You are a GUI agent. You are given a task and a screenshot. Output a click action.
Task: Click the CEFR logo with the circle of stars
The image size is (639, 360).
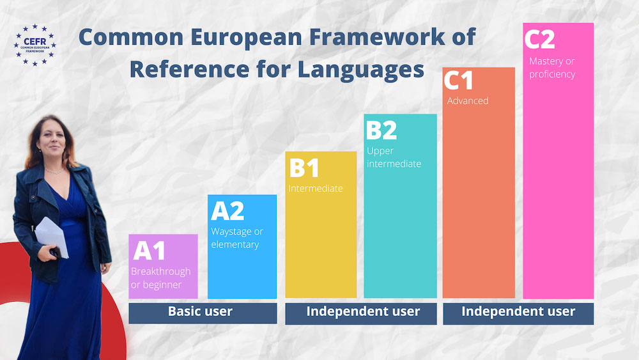[35, 45]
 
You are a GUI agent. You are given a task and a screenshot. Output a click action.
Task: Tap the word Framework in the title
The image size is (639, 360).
[377, 36]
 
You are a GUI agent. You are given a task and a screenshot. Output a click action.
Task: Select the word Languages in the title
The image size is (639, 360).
[360, 69]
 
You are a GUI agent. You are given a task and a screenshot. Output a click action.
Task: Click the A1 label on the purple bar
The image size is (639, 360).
[149, 250]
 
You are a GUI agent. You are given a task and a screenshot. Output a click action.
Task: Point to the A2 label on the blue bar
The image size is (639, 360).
[227, 211]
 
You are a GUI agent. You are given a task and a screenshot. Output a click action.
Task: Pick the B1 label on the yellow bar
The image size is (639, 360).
[304, 168]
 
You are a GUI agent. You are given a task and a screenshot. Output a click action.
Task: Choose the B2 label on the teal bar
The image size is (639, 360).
[381, 130]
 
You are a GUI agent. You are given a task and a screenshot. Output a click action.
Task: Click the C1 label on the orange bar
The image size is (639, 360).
[458, 80]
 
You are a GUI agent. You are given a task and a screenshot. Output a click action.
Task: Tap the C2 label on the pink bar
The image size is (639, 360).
[539, 39]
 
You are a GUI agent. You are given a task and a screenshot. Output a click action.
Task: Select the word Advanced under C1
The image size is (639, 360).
[468, 100]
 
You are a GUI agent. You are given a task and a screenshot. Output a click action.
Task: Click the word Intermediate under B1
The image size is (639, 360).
[316, 189]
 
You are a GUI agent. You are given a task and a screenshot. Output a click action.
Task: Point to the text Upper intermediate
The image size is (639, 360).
[394, 157]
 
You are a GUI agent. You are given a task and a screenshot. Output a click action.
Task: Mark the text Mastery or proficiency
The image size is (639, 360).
[552, 68]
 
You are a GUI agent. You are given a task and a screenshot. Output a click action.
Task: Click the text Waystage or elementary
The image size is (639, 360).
[237, 238]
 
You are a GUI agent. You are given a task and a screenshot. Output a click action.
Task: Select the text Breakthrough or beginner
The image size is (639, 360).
[160, 278]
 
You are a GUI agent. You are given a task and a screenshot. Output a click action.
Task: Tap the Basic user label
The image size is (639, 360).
[200, 311]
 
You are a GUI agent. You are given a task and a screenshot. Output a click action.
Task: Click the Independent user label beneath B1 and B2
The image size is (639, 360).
[363, 311]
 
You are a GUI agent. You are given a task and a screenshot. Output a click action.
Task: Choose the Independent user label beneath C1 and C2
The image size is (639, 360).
[518, 311]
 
